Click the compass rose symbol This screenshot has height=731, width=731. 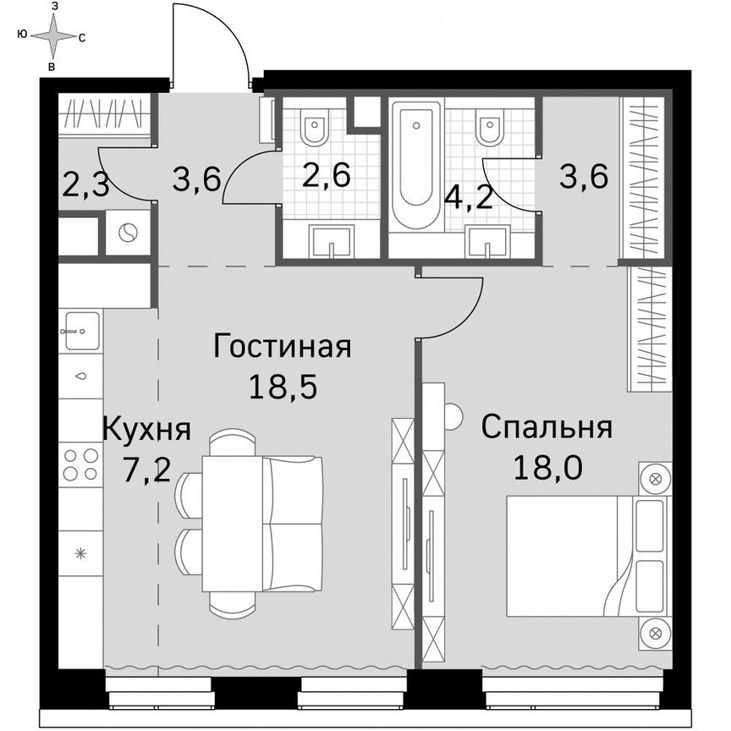pyautogui.click(x=52, y=36)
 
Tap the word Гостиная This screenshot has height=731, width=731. pyautogui.click(x=282, y=347)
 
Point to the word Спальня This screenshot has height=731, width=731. pyautogui.click(x=546, y=428)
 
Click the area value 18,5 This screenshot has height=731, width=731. pyautogui.click(x=282, y=387)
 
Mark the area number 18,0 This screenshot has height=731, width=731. pyautogui.click(x=546, y=466)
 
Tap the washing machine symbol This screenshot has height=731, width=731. pyautogui.click(x=127, y=233)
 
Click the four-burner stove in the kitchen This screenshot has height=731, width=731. pyautogui.click(x=81, y=464)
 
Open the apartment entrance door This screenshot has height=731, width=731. pyautogui.click(x=212, y=47)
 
